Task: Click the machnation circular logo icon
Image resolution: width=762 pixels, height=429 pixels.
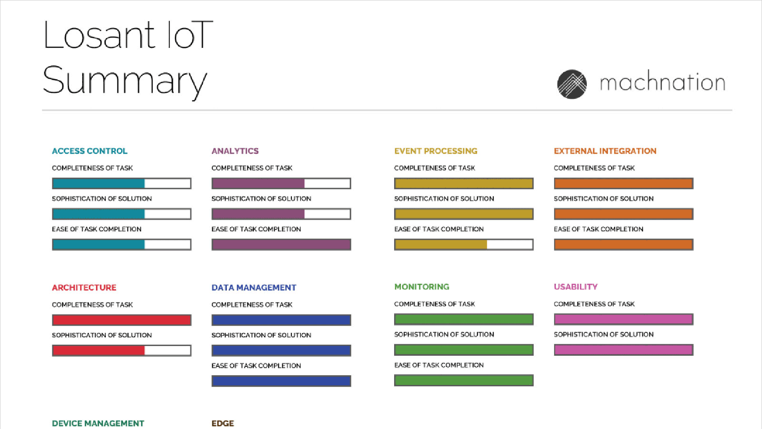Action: [x=572, y=84]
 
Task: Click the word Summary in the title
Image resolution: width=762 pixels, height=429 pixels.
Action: [x=125, y=81]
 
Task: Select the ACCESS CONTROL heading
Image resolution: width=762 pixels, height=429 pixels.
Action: [x=90, y=151]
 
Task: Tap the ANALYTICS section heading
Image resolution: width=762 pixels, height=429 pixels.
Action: [x=235, y=151]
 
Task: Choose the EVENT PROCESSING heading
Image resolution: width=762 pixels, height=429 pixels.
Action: [x=436, y=151]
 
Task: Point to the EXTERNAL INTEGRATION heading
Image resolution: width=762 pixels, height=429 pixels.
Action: [x=605, y=151]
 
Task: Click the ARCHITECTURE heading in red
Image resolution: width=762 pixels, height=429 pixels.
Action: [x=84, y=288]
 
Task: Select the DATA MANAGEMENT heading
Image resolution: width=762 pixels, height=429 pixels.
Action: [x=254, y=288]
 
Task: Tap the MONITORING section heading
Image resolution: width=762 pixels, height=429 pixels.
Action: [x=422, y=287]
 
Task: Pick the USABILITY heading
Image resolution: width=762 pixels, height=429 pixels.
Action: [x=576, y=287]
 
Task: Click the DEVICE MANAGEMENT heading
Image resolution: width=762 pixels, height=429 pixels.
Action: [x=98, y=423]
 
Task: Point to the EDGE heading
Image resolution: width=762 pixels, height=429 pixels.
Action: [x=223, y=423]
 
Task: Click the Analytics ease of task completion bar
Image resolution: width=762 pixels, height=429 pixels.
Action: [x=281, y=244]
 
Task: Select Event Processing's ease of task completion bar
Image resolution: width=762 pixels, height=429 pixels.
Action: [x=464, y=244]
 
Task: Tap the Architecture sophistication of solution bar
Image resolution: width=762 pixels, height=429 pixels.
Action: [x=121, y=350]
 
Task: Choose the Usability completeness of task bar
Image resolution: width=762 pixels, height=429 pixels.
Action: [x=624, y=319]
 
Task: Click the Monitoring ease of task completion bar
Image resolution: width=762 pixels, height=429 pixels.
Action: [x=464, y=380]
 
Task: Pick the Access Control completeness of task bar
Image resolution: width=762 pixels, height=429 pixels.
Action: [x=121, y=183]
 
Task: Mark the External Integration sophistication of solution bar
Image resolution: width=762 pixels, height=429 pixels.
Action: [x=624, y=214]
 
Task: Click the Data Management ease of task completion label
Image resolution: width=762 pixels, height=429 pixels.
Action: [x=256, y=365]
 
